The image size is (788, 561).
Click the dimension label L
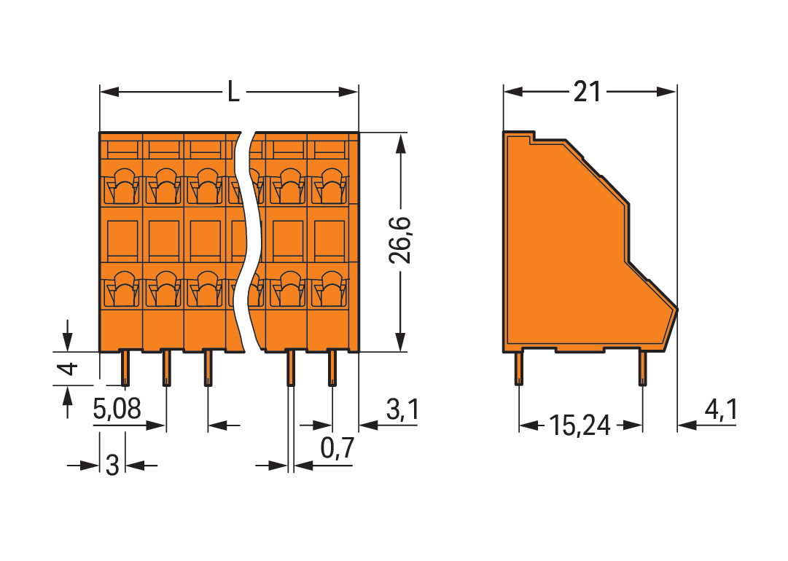coord(233,93)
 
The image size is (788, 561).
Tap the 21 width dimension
coord(587,93)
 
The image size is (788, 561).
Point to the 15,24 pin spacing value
coord(580,425)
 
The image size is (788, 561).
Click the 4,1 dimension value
coord(719,411)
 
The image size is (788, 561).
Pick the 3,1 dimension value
coord(402,411)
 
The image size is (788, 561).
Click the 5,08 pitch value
coord(117,411)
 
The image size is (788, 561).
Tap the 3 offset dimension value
coord(112,465)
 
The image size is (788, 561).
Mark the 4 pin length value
coord(68,369)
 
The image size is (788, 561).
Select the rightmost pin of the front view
coord(332,368)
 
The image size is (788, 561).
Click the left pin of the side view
coord(519,367)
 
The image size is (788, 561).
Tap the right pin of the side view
coord(642,367)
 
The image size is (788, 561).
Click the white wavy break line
coord(251,240)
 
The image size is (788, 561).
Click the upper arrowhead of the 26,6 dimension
coord(400,142)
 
